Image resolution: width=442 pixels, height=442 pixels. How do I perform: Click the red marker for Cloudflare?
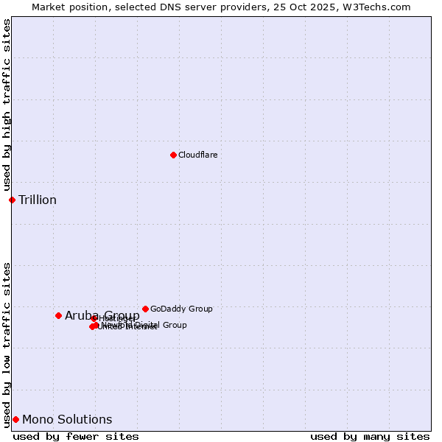(x=173, y=155)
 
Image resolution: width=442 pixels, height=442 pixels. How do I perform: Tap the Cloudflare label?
(x=197, y=155)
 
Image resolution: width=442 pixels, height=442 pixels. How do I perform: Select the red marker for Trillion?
(x=12, y=200)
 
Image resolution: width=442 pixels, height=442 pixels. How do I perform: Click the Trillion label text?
(x=38, y=200)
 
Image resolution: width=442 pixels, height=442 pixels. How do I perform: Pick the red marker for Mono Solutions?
(x=15, y=419)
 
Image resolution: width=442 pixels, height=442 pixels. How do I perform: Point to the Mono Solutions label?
(x=67, y=419)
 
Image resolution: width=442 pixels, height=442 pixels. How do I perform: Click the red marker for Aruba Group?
(x=58, y=315)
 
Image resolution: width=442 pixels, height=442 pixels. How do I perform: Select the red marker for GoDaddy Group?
(x=145, y=309)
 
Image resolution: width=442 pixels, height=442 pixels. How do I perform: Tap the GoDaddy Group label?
(x=181, y=309)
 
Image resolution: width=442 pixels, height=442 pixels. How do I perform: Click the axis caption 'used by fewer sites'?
(x=76, y=436)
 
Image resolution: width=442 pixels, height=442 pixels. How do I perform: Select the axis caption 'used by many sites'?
(x=370, y=436)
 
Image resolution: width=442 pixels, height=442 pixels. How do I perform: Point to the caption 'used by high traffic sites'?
(x=7, y=105)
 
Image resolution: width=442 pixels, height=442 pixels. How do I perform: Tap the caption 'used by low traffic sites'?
(x=7, y=345)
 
